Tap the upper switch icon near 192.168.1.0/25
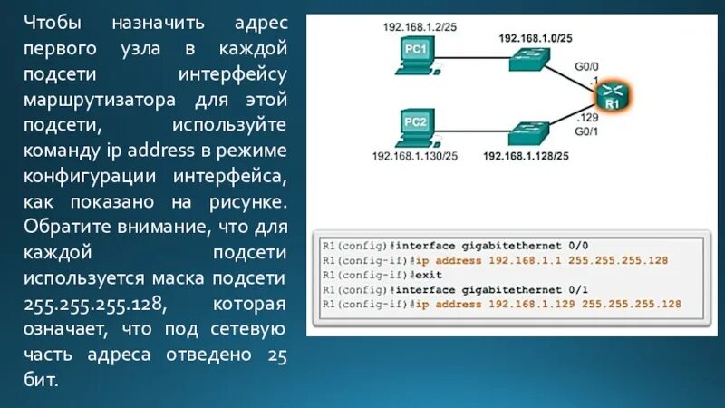527,61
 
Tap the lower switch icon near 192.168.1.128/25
527,132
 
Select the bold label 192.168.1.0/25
535,38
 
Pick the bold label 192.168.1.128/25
527,156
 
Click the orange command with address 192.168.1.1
542,260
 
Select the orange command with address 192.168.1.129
546,304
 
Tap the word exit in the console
430,275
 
